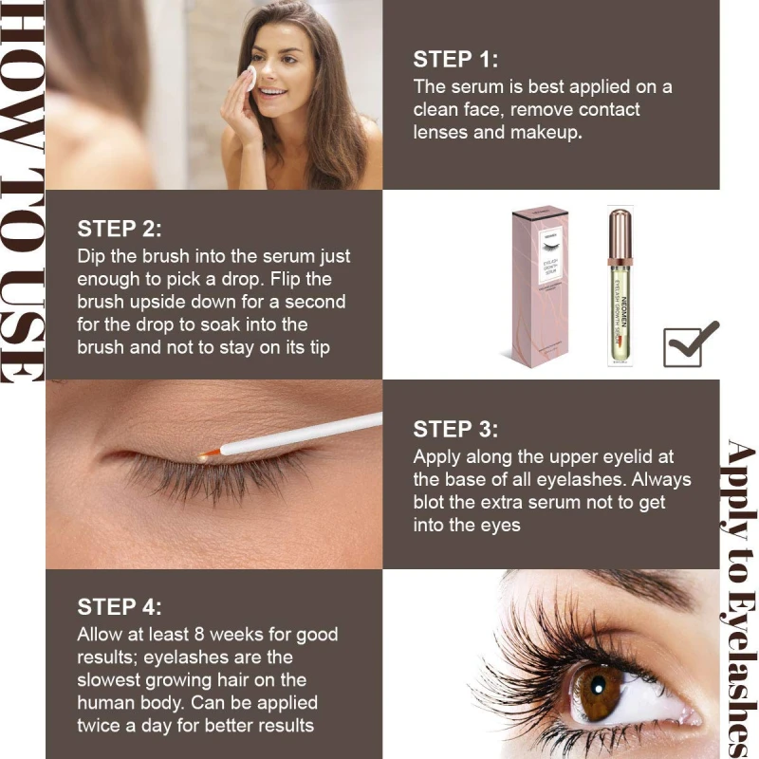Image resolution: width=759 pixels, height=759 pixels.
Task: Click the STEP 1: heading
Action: (x=455, y=60)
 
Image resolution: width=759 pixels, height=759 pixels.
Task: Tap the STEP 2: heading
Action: (x=120, y=229)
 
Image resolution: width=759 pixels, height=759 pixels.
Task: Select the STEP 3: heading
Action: (x=455, y=430)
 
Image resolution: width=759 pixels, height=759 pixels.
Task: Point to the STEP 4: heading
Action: (x=120, y=607)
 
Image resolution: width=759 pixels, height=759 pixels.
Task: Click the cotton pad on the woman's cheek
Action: (x=250, y=79)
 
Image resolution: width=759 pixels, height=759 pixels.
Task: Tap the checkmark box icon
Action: (x=691, y=343)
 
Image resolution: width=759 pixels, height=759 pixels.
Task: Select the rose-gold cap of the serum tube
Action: (x=620, y=235)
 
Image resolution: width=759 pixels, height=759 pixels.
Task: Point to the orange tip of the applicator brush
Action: (x=209, y=454)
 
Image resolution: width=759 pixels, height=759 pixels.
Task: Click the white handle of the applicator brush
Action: (x=301, y=434)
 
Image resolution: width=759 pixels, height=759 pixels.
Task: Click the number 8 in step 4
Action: (x=200, y=634)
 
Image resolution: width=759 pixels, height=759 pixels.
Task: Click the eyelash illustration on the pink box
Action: (x=551, y=248)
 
